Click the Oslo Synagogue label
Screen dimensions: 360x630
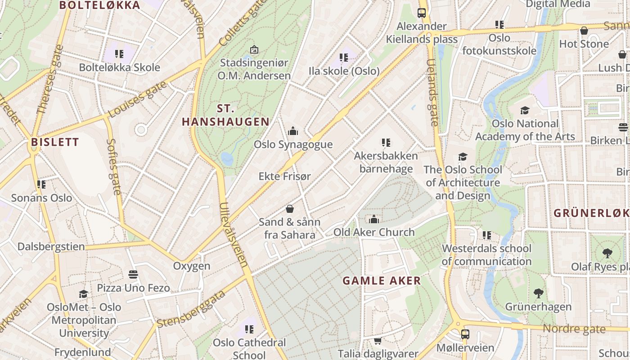pyautogui.click(x=293, y=144)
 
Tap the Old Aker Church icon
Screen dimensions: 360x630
pyautogui.click(x=373, y=219)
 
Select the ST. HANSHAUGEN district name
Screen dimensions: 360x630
pyautogui.click(x=225, y=115)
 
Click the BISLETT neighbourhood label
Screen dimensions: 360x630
pyautogui.click(x=55, y=143)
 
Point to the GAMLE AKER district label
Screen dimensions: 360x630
pyautogui.click(x=382, y=281)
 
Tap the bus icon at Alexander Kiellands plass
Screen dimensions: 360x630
pyautogui.click(x=422, y=13)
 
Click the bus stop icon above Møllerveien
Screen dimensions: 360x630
pyautogui.click(x=465, y=334)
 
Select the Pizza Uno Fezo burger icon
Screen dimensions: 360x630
pyautogui.click(x=133, y=274)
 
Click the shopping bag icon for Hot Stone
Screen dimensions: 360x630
pyautogui.click(x=584, y=31)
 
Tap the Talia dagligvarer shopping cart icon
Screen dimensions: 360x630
pyautogui.click(x=378, y=341)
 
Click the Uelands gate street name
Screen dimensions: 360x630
pyautogui.click(x=432, y=92)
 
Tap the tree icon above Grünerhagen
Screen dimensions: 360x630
pyautogui.click(x=538, y=293)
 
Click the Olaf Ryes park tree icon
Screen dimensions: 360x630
pyautogui.click(x=607, y=253)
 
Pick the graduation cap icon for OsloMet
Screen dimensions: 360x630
pyautogui.click(x=84, y=294)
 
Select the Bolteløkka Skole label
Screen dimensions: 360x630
pyautogui.click(x=119, y=67)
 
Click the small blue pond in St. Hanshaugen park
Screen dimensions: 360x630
pyautogui.click(x=227, y=158)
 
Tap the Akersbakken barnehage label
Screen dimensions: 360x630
pyautogui.click(x=386, y=162)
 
